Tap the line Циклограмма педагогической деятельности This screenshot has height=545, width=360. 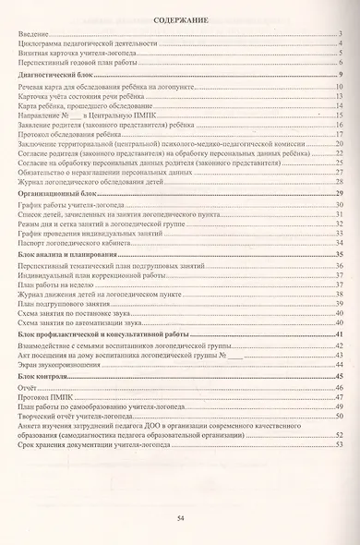click(87, 43)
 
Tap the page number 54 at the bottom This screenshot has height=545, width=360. click(180, 522)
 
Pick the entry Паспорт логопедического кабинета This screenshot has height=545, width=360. click(81, 243)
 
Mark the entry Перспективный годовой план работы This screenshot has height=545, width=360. click(80, 63)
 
